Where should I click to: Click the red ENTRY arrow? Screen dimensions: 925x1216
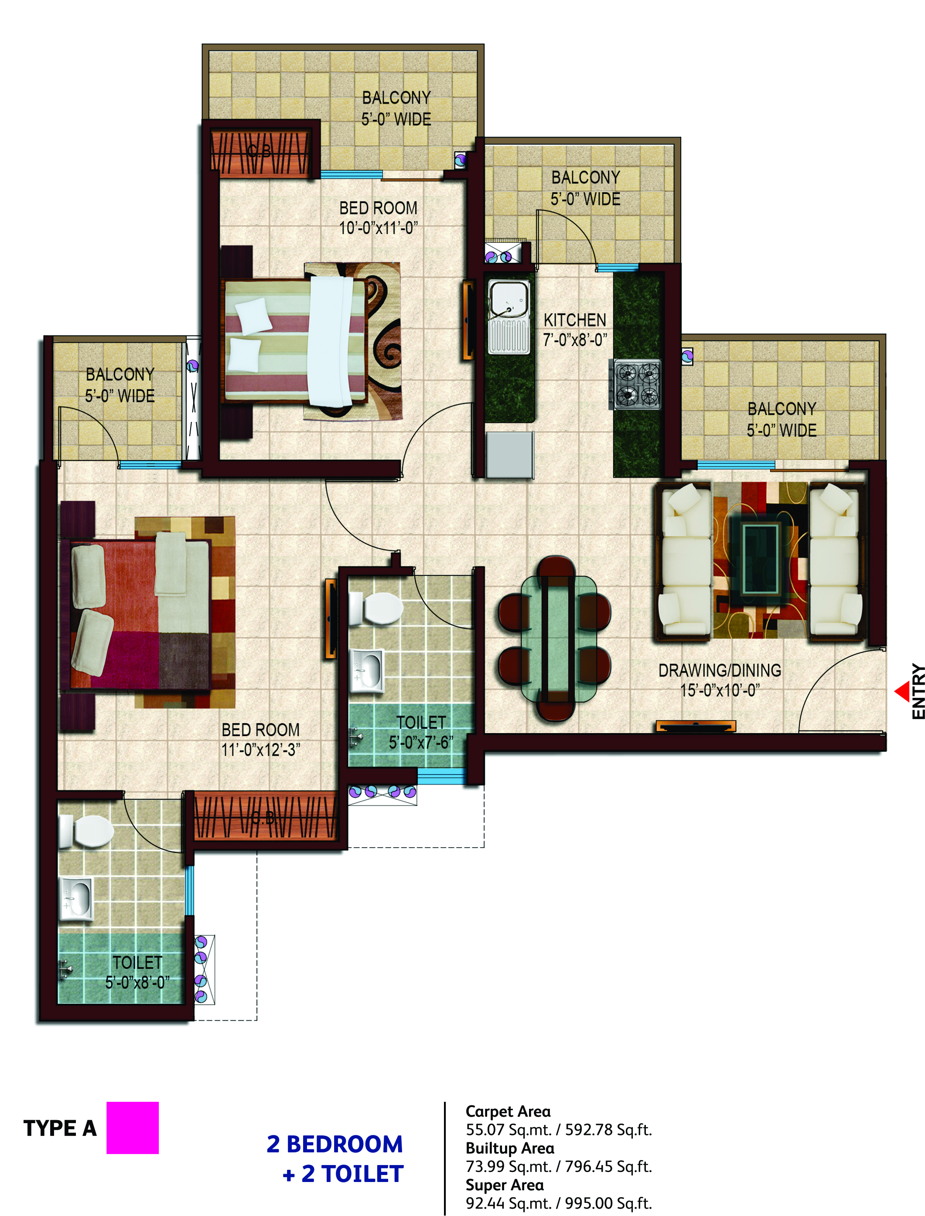click(x=902, y=692)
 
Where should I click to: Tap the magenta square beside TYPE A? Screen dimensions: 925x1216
click(x=133, y=1128)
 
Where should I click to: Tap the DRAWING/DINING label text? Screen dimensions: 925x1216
click(x=720, y=670)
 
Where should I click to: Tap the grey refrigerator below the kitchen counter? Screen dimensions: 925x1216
click(x=510, y=455)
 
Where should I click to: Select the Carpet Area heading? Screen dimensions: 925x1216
click(x=508, y=1111)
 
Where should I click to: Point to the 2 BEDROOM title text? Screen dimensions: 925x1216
click(x=335, y=1144)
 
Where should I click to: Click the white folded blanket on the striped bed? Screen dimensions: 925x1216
click(x=331, y=341)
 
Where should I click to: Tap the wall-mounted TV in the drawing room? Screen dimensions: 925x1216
click(x=696, y=726)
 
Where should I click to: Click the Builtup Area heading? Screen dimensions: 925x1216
click(x=510, y=1148)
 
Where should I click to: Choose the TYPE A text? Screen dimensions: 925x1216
click(x=60, y=1128)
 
